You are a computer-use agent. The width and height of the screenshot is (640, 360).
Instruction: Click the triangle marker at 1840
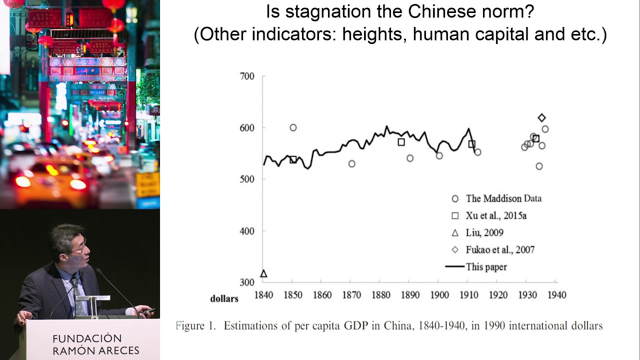[x=263, y=273]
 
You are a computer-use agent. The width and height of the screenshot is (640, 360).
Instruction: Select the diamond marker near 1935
[x=542, y=118]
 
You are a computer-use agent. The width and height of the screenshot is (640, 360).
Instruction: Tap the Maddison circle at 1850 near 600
[x=293, y=127]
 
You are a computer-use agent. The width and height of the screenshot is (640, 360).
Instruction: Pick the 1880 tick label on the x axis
[x=380, y=295]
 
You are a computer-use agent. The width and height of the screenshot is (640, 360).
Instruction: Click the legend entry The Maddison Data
[x=503, y=198]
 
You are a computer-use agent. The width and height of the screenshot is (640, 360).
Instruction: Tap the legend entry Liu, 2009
[x=484, y=233]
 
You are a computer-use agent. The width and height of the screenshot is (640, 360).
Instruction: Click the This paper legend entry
[x=486, y=267]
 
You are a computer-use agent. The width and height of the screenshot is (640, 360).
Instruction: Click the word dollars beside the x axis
[x=224, y=299]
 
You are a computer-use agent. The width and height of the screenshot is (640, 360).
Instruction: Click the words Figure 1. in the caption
[x=196, y=326]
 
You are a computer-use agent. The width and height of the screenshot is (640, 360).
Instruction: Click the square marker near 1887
[x=401, y=142]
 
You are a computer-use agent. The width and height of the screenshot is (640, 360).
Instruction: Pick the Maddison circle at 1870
[x=351, y=163]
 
